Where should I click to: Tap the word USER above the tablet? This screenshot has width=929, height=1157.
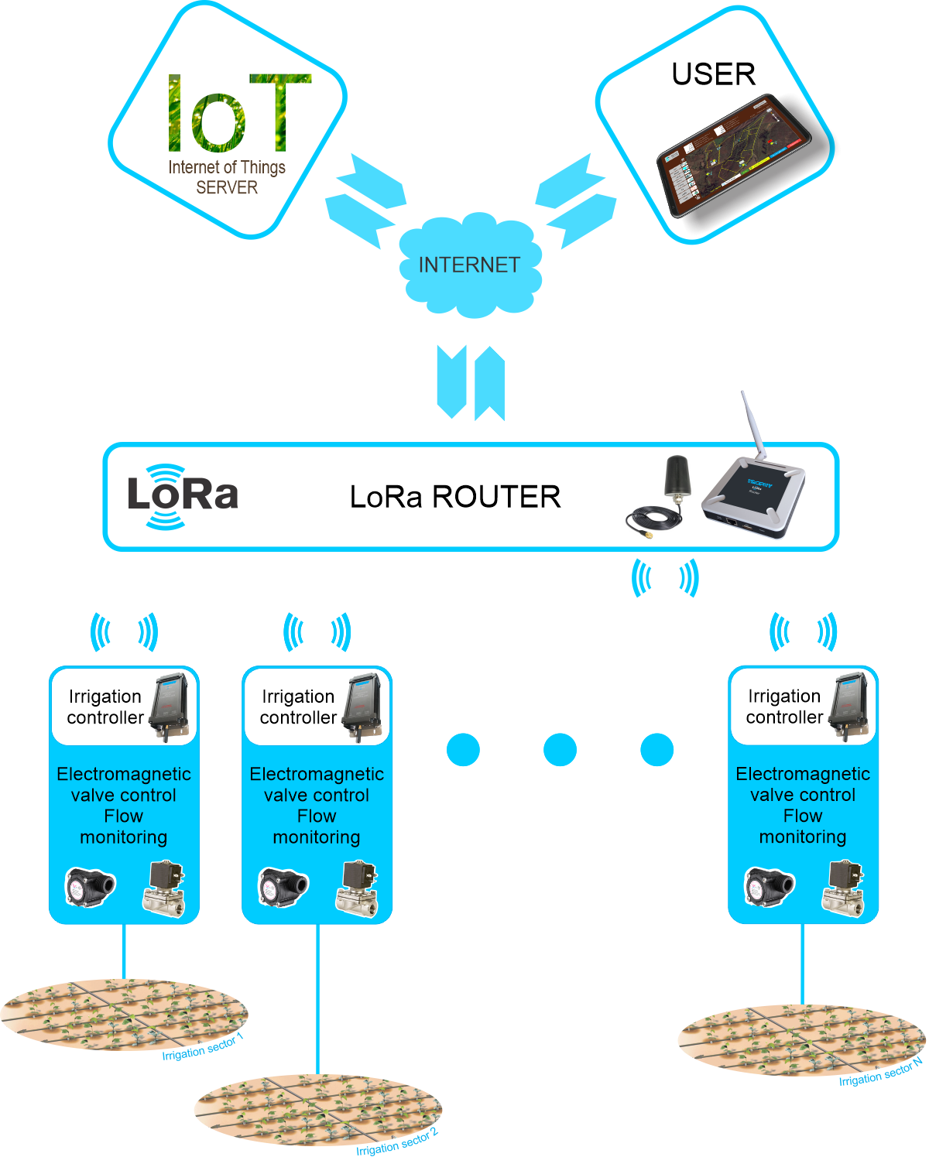coord(713,74)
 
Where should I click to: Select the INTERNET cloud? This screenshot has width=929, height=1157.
coord(469,265)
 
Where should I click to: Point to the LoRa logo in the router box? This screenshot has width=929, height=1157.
coord(182,496)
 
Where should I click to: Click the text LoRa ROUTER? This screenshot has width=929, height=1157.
coord(455,497)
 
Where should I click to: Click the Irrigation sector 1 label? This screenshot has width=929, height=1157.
coord(203,1048)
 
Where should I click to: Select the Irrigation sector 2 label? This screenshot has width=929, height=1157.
coord(396,1142)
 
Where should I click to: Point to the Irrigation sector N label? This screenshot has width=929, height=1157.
coord(880,1072)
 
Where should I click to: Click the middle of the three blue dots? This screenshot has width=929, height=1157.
coord(560,749)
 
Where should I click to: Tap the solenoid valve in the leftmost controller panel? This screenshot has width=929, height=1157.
coord(164,888)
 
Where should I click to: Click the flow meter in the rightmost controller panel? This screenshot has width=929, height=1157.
coord(770,887)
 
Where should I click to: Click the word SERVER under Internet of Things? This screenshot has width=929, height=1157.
coord(227,188)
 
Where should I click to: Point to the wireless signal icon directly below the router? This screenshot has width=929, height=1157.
coord(665,578)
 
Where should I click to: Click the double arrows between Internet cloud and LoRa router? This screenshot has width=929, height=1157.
coord(471,382)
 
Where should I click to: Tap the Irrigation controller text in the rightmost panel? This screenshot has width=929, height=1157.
coord(783,707)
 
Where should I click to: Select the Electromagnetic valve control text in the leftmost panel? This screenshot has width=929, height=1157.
coord(124,784)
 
